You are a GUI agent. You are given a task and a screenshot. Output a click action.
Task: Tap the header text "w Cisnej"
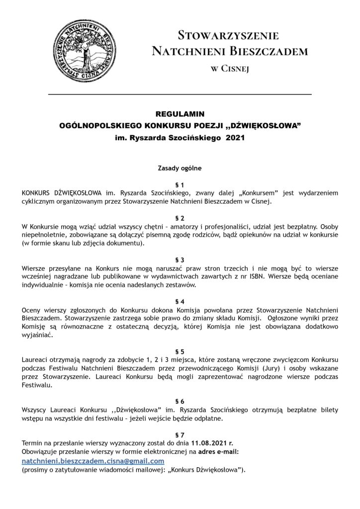pos(229,69)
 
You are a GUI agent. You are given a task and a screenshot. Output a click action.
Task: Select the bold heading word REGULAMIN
pos(180,114)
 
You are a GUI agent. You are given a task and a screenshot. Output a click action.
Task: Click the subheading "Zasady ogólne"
pos(180,168)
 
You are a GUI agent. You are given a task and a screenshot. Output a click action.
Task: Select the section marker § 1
pos(180,185)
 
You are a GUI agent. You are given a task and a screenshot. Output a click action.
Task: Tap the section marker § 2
pos(180,218)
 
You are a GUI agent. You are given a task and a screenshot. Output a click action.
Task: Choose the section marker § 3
pos(180,260)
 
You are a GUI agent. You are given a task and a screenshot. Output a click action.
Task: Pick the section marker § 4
pos(180,302)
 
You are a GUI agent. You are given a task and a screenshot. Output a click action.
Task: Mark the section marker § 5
pos(180,351)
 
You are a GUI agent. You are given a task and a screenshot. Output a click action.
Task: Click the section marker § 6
pos(180,401)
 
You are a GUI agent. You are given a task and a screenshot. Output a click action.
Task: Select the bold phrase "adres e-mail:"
pos(219,451)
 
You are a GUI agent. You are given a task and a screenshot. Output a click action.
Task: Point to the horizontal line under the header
pos(180,94)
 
